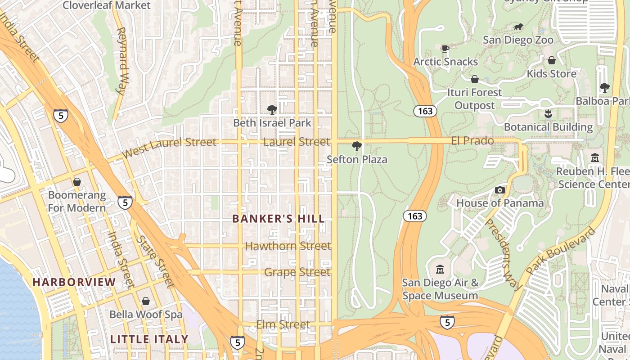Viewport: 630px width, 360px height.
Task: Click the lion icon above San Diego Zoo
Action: [x=518, y=27]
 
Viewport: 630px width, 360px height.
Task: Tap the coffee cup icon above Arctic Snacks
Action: [x=445, y=49]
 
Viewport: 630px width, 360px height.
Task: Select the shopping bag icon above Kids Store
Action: [x=552, y=60]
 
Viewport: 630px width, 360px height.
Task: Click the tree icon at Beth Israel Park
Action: [x=272, y=109]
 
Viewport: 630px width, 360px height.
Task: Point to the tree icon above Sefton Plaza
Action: [x=357, y=146]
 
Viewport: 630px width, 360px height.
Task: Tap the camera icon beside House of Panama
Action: [x=500, y=190]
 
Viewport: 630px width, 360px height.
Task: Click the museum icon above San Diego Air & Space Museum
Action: [x=440, y=270]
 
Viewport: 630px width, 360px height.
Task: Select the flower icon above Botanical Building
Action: [x=548, y=114]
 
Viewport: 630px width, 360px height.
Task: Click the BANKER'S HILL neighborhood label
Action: [x=278, y=219]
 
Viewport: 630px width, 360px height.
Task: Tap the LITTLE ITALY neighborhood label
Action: [x=149, y=339]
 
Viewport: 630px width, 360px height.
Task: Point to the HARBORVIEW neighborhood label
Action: [x=74, y=282]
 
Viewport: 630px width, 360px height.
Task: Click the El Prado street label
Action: [x=472, y=141]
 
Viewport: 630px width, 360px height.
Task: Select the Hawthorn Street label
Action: [x=288, y=246]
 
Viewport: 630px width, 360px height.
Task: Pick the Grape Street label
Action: [x=297, y=272]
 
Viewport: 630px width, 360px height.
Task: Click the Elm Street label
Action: [x=283, y=324]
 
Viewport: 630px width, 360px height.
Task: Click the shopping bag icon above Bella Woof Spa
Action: [x=146, y=301]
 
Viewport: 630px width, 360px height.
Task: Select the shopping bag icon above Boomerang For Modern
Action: [x=77, y=182]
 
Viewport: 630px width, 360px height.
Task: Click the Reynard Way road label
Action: [x=121, y=61]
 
